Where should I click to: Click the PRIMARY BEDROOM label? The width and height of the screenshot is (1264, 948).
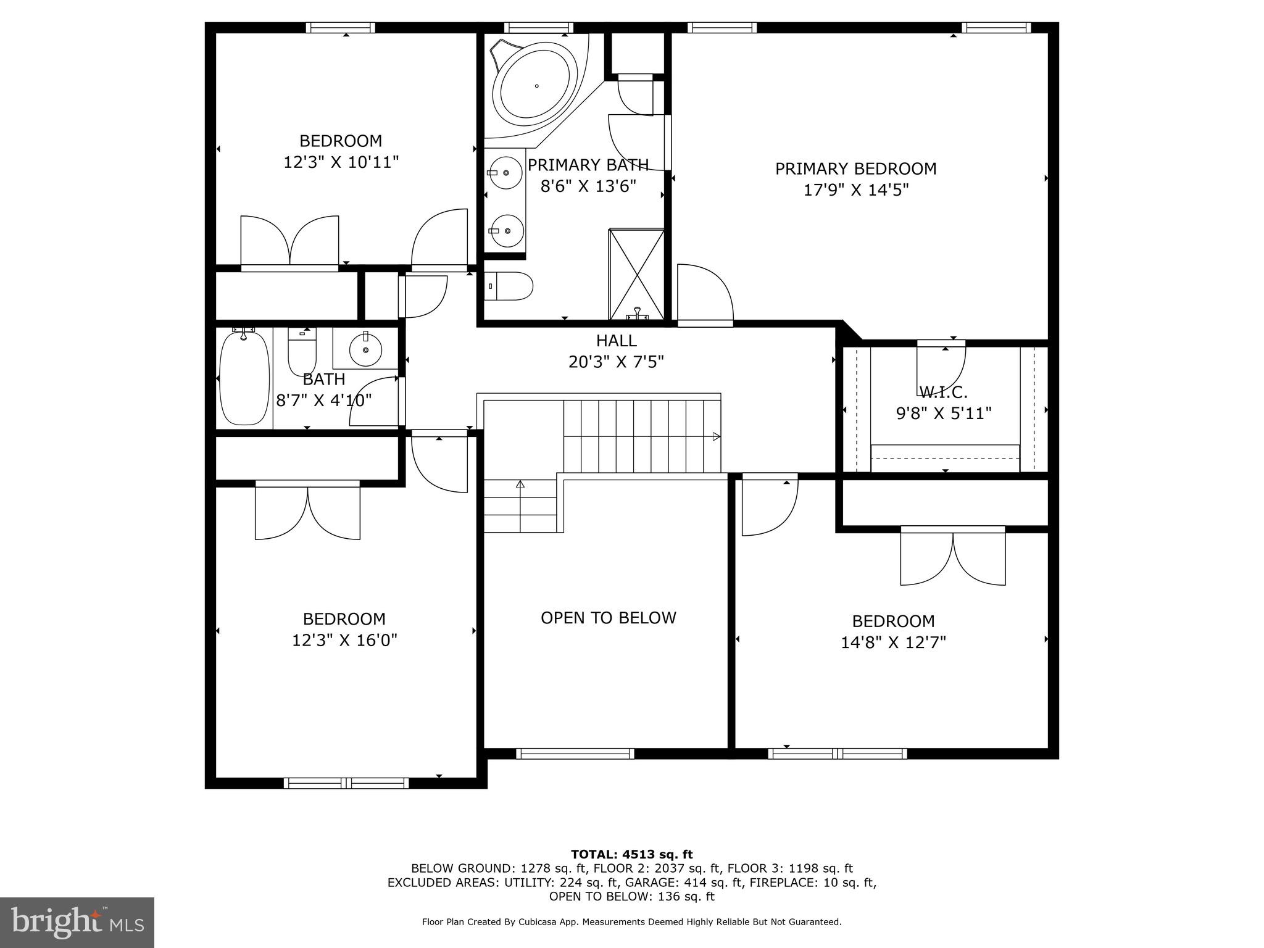tap(855, 168)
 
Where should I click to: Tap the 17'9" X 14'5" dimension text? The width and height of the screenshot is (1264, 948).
tap(855, 190)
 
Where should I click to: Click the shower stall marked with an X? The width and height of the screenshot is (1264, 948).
tap(636, 274)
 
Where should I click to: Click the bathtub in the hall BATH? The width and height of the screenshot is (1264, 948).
tap(245, 378)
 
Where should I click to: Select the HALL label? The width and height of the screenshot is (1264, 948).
tap(616, 341)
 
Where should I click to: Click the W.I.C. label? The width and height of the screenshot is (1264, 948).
tap(943, 392)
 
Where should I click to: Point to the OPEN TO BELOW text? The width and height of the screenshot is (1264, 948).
tap(608, 618)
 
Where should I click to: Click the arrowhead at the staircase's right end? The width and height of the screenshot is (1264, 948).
tap(717, 436)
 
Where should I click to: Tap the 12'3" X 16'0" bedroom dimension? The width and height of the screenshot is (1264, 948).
tap(344, 640)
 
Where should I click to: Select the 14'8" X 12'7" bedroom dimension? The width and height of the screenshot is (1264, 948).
tap(893, 642)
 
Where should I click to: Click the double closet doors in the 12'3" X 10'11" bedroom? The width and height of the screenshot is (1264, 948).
tap(289, 241)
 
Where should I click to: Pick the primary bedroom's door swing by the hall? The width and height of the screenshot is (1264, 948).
tap(704, 293)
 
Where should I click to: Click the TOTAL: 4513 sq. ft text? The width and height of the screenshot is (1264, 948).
tap(631, 855)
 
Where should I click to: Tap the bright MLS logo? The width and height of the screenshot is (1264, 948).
tap(77, 922)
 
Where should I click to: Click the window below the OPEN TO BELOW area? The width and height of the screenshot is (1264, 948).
tap(575, 754)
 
